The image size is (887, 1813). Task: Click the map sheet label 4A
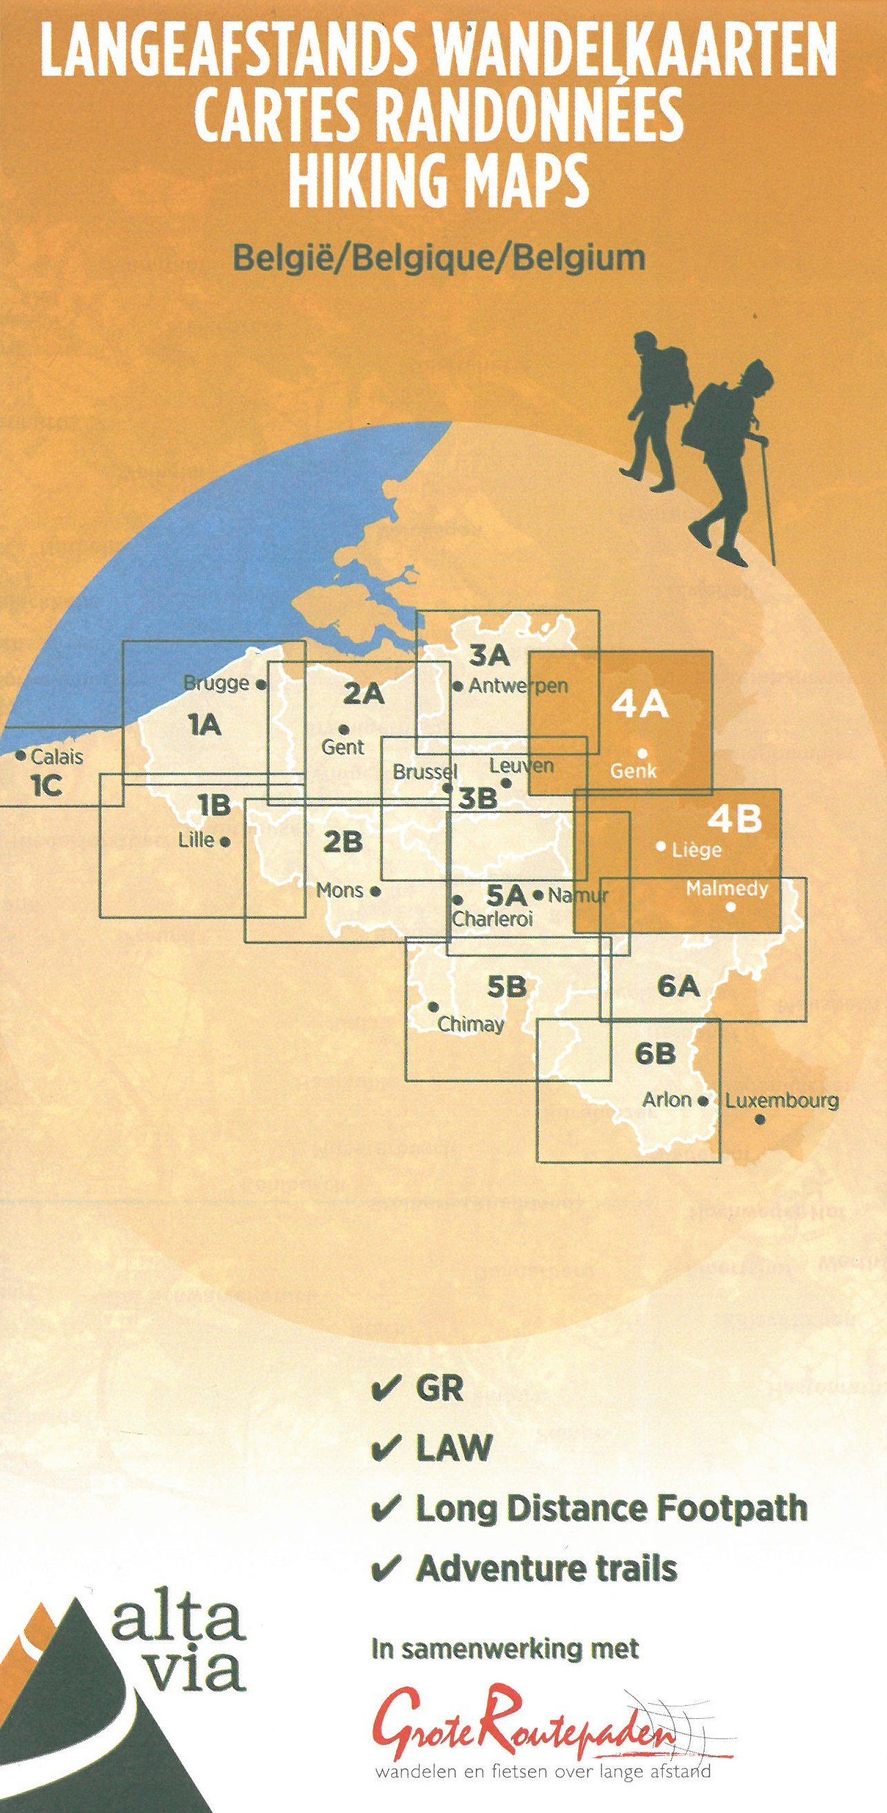[639, 705]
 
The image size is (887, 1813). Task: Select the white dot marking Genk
[642, 753]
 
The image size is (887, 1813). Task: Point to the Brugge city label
[216, 682]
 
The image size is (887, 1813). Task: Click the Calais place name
[56, 757]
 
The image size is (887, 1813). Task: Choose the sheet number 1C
[47, 786]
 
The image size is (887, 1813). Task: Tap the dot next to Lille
[226, 841]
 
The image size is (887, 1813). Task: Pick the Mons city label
[339, 890]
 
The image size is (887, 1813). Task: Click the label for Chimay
[470, 1024]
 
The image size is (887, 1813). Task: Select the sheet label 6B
[655, 1054]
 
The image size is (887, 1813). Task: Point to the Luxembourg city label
[782, 1100]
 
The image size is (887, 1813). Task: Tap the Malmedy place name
[727, 888]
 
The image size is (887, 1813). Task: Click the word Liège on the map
[697, 849]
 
